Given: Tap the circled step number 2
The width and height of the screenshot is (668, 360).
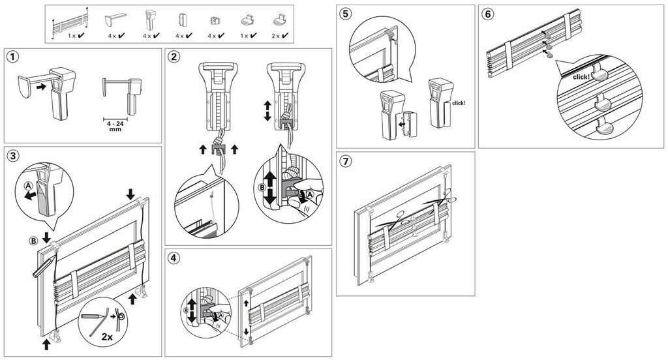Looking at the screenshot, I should (174, 57).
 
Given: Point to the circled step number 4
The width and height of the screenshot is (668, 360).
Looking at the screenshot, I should (174, 258).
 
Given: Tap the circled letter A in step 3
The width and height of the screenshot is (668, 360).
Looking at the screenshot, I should (27, 185).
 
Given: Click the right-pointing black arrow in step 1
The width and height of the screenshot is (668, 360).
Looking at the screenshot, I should (41, 85).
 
